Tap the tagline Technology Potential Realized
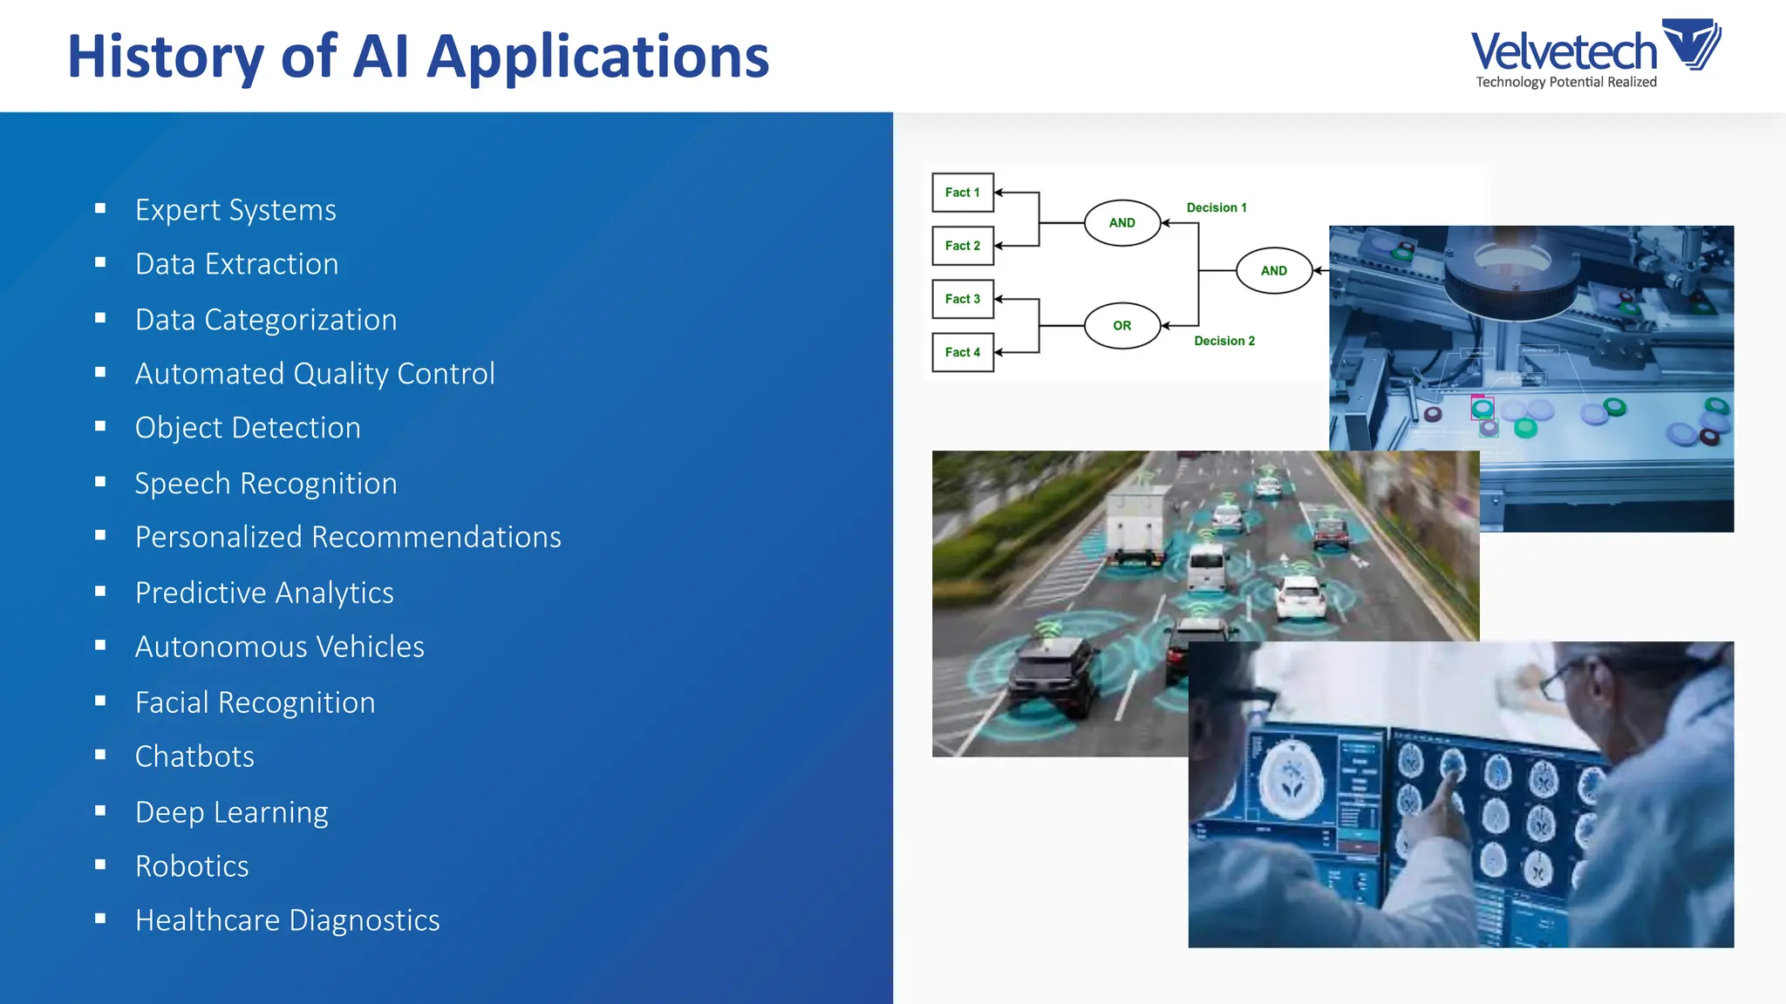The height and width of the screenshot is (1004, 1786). click(x=1565, y=82)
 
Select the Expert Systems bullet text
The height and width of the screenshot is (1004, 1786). click(x=235, y=210)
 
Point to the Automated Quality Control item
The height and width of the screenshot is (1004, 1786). click(x=314, y=374)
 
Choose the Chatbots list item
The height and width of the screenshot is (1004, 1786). click(x=194, y=756)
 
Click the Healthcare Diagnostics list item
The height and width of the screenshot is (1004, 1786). click(x=287, y=920)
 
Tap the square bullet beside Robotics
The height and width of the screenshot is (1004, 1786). click(x=100, y=865)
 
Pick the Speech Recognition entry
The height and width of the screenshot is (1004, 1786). click(x=266, y=484)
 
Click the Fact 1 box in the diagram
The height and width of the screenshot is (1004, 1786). click(x=962, y=193)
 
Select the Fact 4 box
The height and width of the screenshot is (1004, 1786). click(x=962, y=352)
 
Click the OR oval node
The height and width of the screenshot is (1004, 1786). click(x=1121, y=326)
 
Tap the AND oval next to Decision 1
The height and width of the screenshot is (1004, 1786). click(x=1121, y=223)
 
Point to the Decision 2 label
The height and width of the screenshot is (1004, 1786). click(x=1224, y=341)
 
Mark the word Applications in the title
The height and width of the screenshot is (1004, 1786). click(x=597, y=57)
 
